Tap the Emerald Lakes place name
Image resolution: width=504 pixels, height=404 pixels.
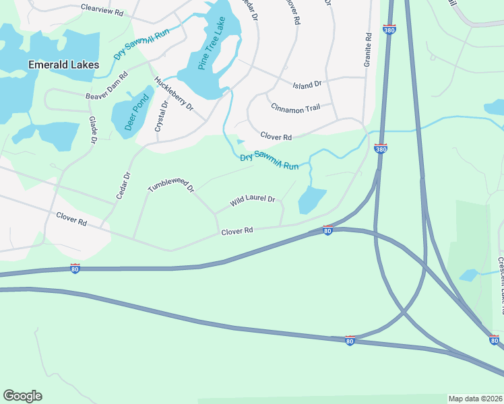point(64,65)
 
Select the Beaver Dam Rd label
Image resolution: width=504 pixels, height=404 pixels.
point(107,87)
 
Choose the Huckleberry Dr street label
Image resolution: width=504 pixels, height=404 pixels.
point(174,94)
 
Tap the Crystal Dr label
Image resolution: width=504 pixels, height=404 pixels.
point(162,116)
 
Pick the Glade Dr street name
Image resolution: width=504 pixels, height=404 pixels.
point(93,129)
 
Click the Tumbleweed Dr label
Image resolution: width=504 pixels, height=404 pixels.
point(170,179)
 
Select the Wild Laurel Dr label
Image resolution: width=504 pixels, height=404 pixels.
point(253,200)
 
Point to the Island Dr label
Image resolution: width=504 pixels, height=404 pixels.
point(307,84)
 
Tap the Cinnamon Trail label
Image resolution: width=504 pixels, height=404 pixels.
point(295,108)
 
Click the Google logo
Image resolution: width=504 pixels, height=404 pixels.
point(22,396)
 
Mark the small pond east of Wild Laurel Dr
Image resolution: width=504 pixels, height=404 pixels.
point(311,199)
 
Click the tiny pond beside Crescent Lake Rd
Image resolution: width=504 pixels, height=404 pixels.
point(470,275)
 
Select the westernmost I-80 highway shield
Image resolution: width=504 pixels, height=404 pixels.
point(75,269)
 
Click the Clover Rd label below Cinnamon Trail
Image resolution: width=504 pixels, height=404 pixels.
point(276,137)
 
